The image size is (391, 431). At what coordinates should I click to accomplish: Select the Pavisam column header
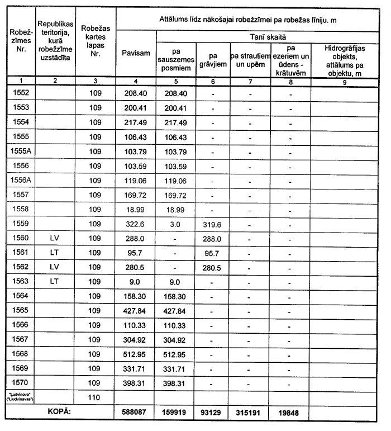[x=136, y=53]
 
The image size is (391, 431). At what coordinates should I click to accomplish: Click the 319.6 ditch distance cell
[x=213, y=224]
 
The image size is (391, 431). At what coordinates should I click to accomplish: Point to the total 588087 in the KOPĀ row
[x=136, y=413]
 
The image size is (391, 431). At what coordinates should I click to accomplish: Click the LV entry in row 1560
[x=54, y=238]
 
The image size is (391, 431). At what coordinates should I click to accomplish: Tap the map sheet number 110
[x=95, y=398]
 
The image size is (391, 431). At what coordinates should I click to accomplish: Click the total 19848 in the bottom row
[x=289, y=413]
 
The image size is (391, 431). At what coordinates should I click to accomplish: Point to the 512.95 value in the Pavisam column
[x=136, y=354]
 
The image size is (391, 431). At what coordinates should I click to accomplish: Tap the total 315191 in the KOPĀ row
[x=251, y=413]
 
